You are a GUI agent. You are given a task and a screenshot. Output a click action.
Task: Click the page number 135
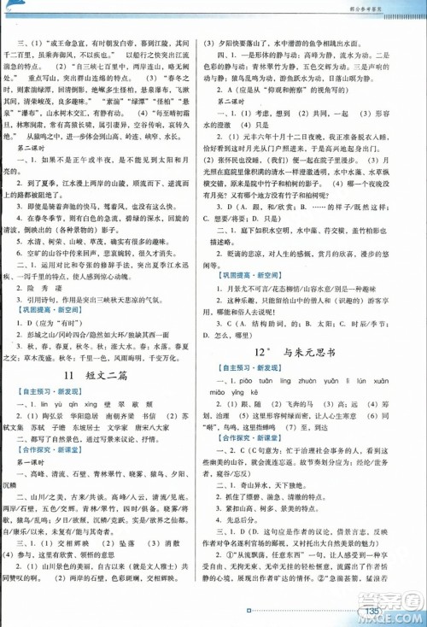coord(371,610)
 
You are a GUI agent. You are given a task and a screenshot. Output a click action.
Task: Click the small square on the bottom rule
coord(246,610)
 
